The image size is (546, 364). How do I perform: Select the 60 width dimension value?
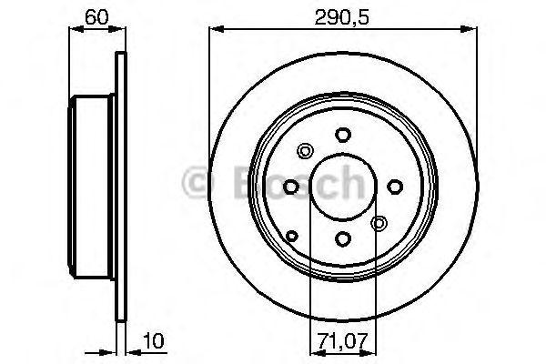pos(94,16)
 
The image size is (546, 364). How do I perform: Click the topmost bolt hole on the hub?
pos(342,135)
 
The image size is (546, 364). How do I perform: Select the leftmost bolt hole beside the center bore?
pos(290,187)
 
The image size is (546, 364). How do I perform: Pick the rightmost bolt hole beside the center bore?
pos(395,187)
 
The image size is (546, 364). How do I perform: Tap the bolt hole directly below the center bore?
pos(342,238)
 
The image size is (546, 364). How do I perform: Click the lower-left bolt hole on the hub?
pos(293,237)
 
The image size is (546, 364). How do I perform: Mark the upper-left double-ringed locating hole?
pos(305,151)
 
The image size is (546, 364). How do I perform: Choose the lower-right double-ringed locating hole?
pos(379,222)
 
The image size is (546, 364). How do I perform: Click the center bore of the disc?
pos(342,187)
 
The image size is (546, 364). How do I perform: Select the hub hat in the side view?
pos(94,187)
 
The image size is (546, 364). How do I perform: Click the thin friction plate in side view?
pos(120,187)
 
